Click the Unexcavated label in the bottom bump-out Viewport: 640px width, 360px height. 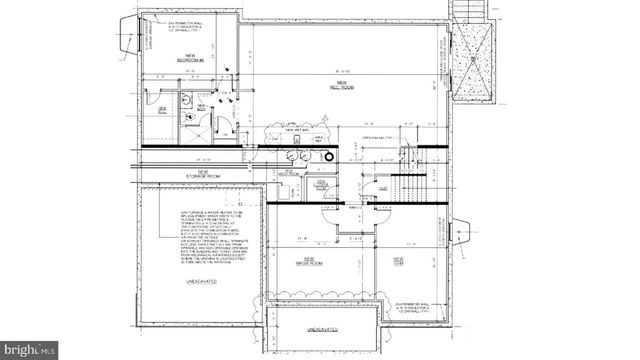click(323, 328)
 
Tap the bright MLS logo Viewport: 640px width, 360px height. click(30, 350)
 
